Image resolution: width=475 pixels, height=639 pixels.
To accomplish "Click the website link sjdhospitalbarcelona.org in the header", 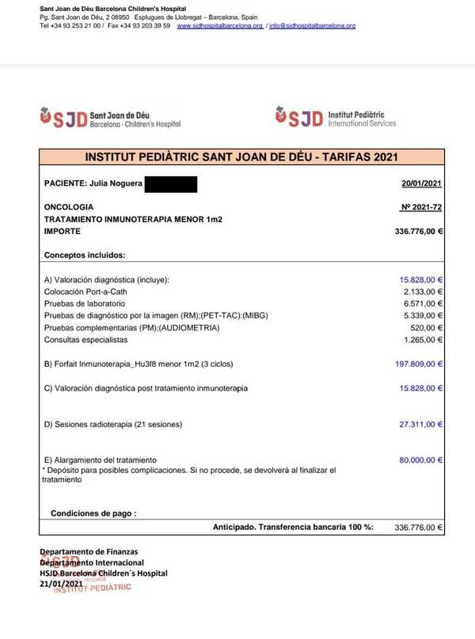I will (219, 26).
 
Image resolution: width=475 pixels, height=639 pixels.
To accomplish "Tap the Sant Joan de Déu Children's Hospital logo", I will (111, 119).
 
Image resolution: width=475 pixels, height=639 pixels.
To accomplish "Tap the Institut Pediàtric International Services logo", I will (336, 118).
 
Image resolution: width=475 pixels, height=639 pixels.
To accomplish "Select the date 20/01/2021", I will (422, 184).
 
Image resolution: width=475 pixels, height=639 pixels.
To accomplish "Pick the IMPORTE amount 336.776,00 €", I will (418, 232).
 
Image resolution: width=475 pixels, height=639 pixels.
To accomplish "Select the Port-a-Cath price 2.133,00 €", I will (422, 291).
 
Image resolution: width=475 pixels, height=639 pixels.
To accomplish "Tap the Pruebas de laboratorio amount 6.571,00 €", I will (422, 303).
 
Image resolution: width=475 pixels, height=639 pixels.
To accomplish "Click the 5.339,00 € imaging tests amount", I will (422, 316).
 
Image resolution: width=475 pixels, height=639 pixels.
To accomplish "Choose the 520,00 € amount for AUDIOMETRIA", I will (427, 327).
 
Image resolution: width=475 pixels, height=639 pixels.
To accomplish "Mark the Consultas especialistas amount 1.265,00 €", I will (422, 340).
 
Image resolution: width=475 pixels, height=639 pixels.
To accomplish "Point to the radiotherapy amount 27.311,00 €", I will (420, 425).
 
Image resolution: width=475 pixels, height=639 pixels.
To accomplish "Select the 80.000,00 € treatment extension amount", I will (420, 459).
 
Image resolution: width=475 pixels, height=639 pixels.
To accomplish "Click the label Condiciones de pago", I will (93, 513).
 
